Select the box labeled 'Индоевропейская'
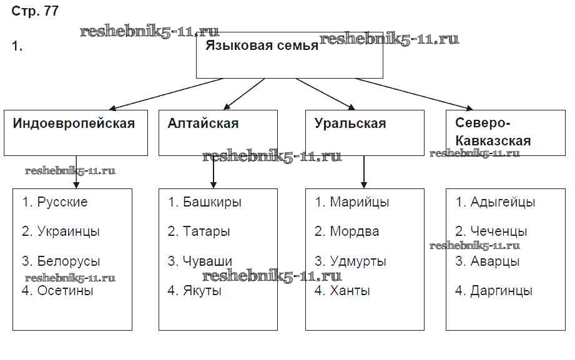[74, 124]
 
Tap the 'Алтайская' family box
[203, 124]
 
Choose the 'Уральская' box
[350, 124]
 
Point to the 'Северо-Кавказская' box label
[493, 132]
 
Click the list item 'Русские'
[62, 202]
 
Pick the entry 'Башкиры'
[212, 202]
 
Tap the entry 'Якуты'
[202, 291]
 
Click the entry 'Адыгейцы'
[503, 202]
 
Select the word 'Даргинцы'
[501, 291]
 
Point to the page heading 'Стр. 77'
[35, 12]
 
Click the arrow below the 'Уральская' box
[364, 172]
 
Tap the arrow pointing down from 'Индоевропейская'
[76, 172]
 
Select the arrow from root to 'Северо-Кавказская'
[416, 94]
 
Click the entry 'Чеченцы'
[499, 231]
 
